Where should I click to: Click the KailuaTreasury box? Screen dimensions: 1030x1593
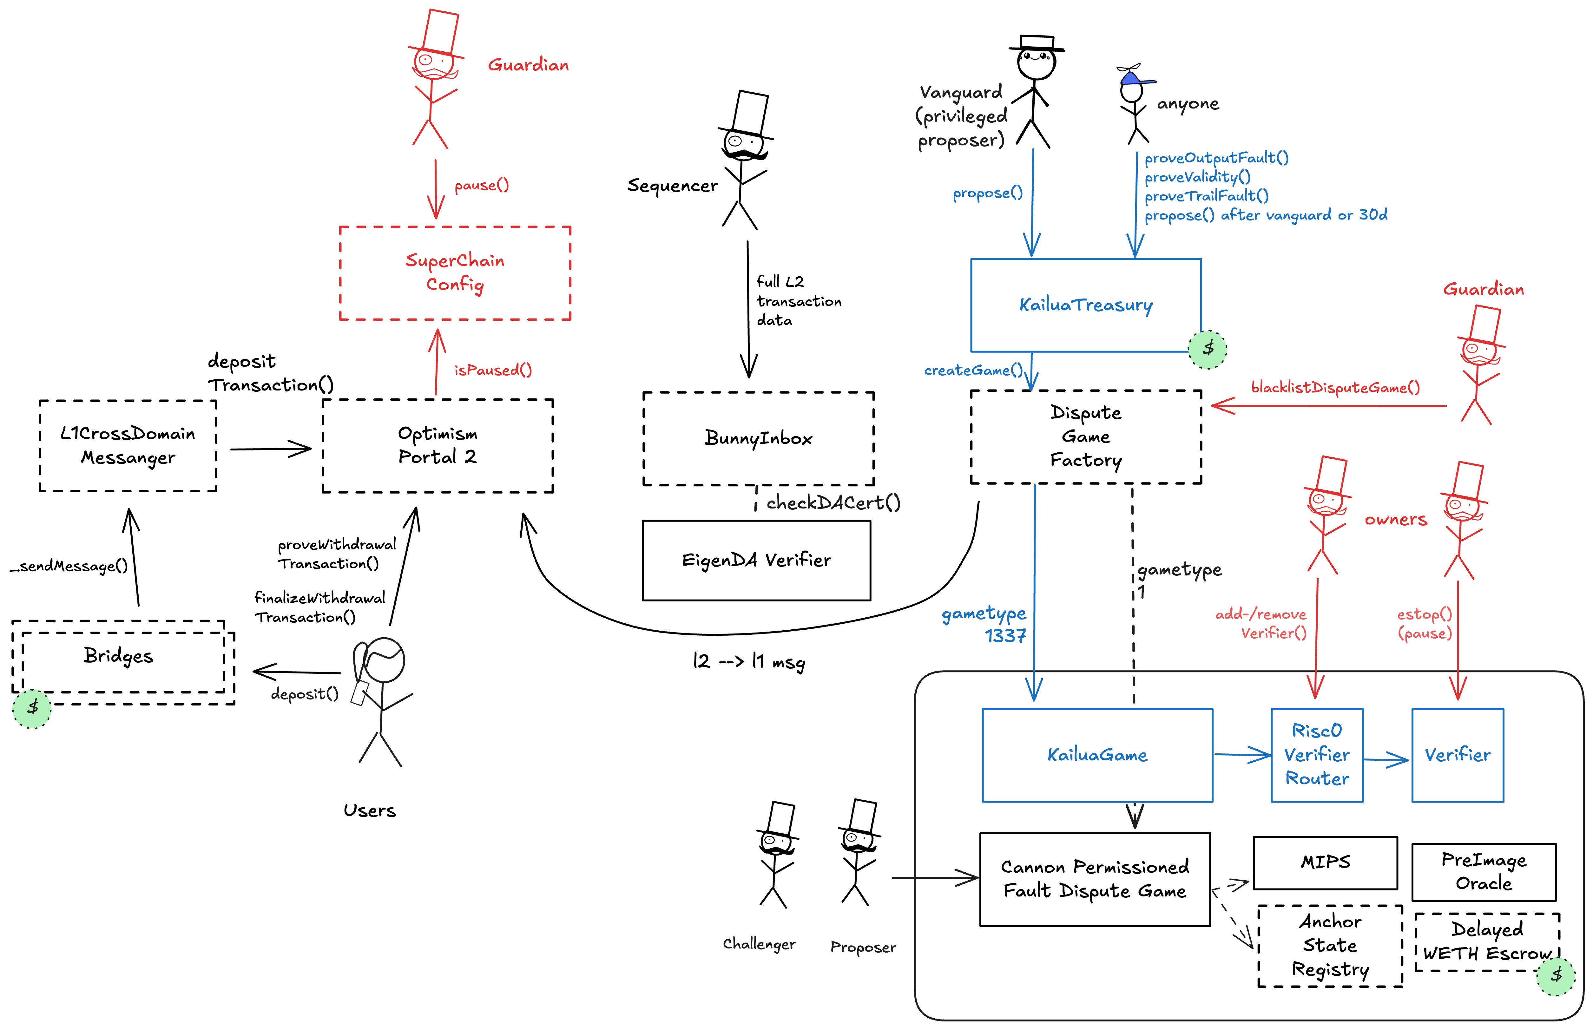pyautogui.click(x=1085, y=305)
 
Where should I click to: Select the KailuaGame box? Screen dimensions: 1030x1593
pyautogui.click(x=1097, y=755)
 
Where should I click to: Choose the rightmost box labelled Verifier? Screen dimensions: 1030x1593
pyautogui.click(x=1457, y=755)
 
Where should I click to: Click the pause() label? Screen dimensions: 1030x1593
pyautogui.click(x=482, y=185)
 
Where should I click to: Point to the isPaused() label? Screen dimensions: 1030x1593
pyautogui.click(x=493, y=370)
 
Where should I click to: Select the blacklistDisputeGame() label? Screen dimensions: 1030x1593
pyautogui.click(x=1335, y=387)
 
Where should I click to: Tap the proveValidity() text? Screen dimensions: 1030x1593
pyautogui.click(x=1197, y=177)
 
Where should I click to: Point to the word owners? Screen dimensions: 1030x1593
pyautogui.click(x=1396, y=520)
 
